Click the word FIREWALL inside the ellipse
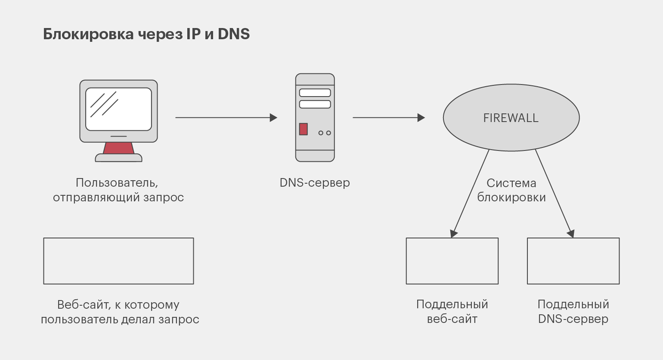[x=511, y=118]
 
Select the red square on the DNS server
[x=303, y=129]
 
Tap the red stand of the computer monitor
[x=118, y=148]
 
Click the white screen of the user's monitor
[x=118, y=109]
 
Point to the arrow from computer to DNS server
[x=226, y=118]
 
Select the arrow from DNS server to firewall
[x=388, y=118]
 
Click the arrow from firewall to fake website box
[x=470, y=194]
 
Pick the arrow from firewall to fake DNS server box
[x=555, y=194]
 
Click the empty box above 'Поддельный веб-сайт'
[x=452, y=261]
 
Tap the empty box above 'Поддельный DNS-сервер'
[x=573, y=261]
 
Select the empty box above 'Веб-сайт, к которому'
[x=118, y=261]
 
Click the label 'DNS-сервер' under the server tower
[x=314, y=183]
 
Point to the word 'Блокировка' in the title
[x=88, y=34]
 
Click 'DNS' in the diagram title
[x=234, y=34]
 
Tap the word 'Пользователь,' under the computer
[x=117, y=183]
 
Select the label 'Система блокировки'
[x=511, y=190]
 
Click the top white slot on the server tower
[x=315, y=93]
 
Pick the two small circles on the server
[x=324, y=133]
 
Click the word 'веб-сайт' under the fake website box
[x=452, y=319]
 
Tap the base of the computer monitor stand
[x=118, y=158]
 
